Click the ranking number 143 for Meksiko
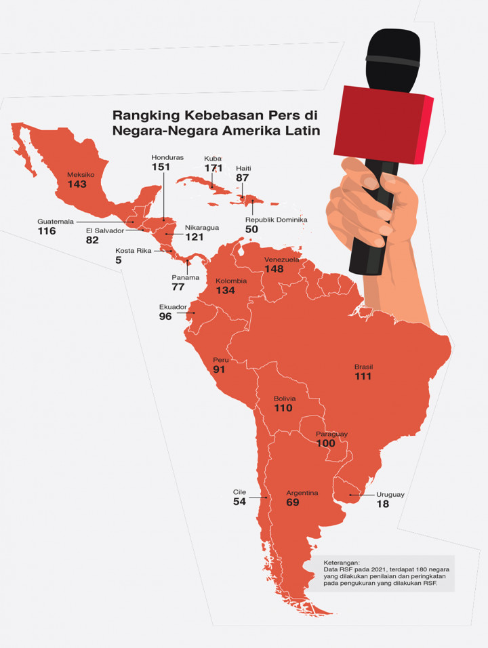[x=77, y=184]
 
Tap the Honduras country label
[x=167, y=157]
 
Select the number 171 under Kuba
[x=214, y=167]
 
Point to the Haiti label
[x=243, y=167]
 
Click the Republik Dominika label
[x=277, y=220]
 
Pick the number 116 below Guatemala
[x=47, y=231]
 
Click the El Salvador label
[x=105, y=230]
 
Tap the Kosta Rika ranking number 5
[x=118, y=260]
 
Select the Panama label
[x=185, y=277]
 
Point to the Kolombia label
[x=231, y=281]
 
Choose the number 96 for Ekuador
[x=165, y=317]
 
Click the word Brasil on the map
[x=363, y=367]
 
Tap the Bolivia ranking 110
[x=283, y=408]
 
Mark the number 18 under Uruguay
[x=382, y=504]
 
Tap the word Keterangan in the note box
[x=342, y=562]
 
